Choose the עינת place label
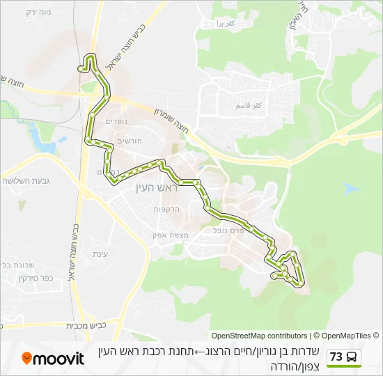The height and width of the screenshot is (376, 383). (x=100, y=254)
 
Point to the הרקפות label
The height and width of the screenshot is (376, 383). (x=167, y=209)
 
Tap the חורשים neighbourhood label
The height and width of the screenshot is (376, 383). (x=130, y=141)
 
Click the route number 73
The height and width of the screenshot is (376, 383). (x=336, y=357)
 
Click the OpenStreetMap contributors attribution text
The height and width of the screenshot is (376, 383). (x=259, y=336)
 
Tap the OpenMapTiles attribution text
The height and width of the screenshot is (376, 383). (x=346, y=336)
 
